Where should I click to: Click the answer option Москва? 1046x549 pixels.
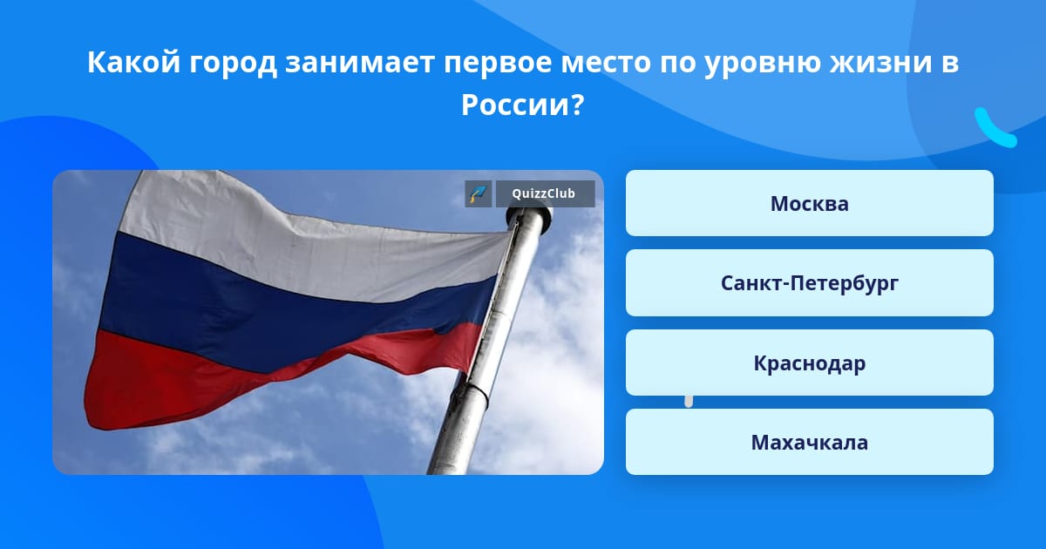pyautogui.click(x=809, y=203)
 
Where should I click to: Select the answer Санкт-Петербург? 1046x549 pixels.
pyautogui.click(x=809, y=283)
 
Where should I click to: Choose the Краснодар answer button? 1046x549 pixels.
pyautogui.click(x=809, y=363)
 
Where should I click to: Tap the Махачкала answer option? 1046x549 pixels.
pyautogui.click(x=809, y=442)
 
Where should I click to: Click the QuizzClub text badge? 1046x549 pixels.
pyautogui.click(x=545, y=193)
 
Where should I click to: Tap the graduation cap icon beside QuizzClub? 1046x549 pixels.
pyautogui.click(x=479, y=193)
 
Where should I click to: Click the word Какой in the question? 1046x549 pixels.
pyautogui.click(x=134, y=62)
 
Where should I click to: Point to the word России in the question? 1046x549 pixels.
pyautogui.click(x=514, y=105)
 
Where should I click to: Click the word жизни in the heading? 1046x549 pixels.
pyautogui.click(x=880, y=63)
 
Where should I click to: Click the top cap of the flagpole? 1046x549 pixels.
pyautogui.click(x=530, y=216)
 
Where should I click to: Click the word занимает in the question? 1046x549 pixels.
pyautogui.click(x=360, y=63)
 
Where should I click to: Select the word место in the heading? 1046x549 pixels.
pyautogui.click(x=606, y=63)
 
